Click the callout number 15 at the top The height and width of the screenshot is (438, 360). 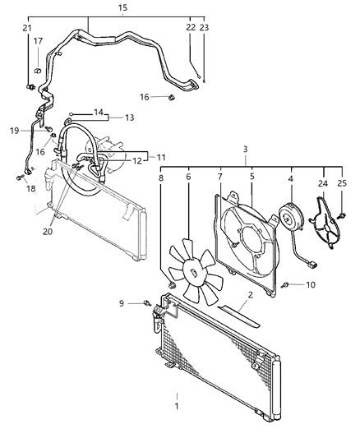[x=122, y=8]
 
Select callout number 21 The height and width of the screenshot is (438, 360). [x=27, y=29]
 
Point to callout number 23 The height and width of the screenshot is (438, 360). [x=205, y=29]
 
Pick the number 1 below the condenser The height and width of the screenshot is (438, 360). [x=175, y=405]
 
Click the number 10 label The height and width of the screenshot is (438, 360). [x=311, y=285]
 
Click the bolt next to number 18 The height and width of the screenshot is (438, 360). [x=17, y=177]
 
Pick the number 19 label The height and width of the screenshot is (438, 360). [x=14, y=130]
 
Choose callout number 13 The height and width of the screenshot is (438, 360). [x=129, y=118]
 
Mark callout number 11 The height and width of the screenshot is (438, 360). [x=161, y=155]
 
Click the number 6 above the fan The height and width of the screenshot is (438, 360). [x=188, y=176]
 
